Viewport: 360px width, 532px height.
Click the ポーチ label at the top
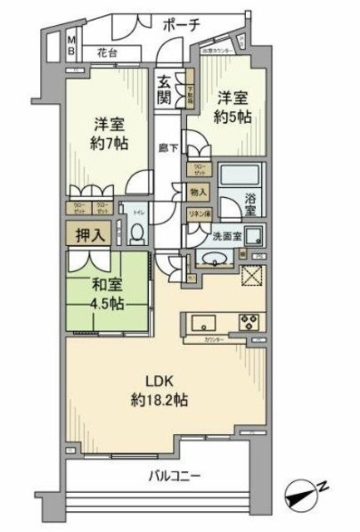pos(181,24)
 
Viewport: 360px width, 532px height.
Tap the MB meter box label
pos(72,45)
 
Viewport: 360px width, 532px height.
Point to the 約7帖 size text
pos(109,143)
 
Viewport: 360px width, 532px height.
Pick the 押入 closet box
pos(87,234)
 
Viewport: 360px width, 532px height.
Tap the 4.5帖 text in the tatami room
pos(106,302)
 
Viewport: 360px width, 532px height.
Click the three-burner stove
pos(250,322)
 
